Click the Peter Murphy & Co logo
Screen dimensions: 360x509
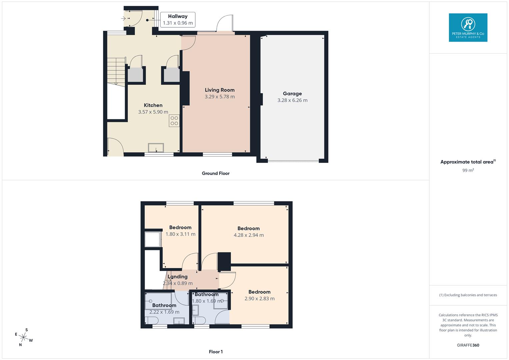(468, 27)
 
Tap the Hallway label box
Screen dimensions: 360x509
(178, 20)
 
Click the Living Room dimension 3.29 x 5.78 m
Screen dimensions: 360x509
(220, 97)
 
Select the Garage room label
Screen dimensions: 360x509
(292, 94)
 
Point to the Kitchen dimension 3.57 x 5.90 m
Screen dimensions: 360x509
(153, 112)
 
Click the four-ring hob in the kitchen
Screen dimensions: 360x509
(174, 121)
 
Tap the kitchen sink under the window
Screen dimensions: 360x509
(156, 147)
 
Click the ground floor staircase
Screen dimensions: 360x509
(116, 71)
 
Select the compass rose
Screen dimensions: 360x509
(24, 338)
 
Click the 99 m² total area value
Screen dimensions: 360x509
(468, 170)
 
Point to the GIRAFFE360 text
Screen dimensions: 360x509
(468, 345)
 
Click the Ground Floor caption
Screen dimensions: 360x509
(216, 173)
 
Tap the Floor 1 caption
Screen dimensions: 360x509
(216, 352)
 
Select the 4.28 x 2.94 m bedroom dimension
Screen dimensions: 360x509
(249, 235)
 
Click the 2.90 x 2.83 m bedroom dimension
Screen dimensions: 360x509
(259, 299)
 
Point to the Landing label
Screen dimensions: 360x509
(178, 277)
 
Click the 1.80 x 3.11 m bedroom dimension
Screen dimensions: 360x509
(180, 234)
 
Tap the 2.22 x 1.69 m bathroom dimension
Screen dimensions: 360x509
(164, 312)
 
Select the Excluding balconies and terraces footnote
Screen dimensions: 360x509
(468, 295)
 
